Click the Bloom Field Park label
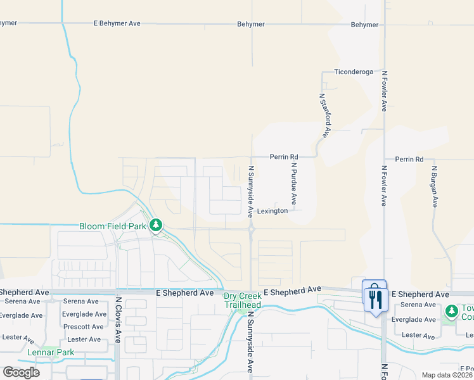pos(113,226)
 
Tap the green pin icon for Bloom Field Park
pos(155,225)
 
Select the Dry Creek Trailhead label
pos(241,300)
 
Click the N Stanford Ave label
pos(324,115)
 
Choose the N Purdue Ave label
pos(293,184)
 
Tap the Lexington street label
pos(272,211)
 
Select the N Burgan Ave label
pos(435,187)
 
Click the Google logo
pos(21,372)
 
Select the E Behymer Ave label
pos(117,23)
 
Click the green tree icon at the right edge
pos(451,311)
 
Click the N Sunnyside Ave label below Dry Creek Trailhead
pos(250,340)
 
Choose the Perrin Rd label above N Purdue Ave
pos(283,156)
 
